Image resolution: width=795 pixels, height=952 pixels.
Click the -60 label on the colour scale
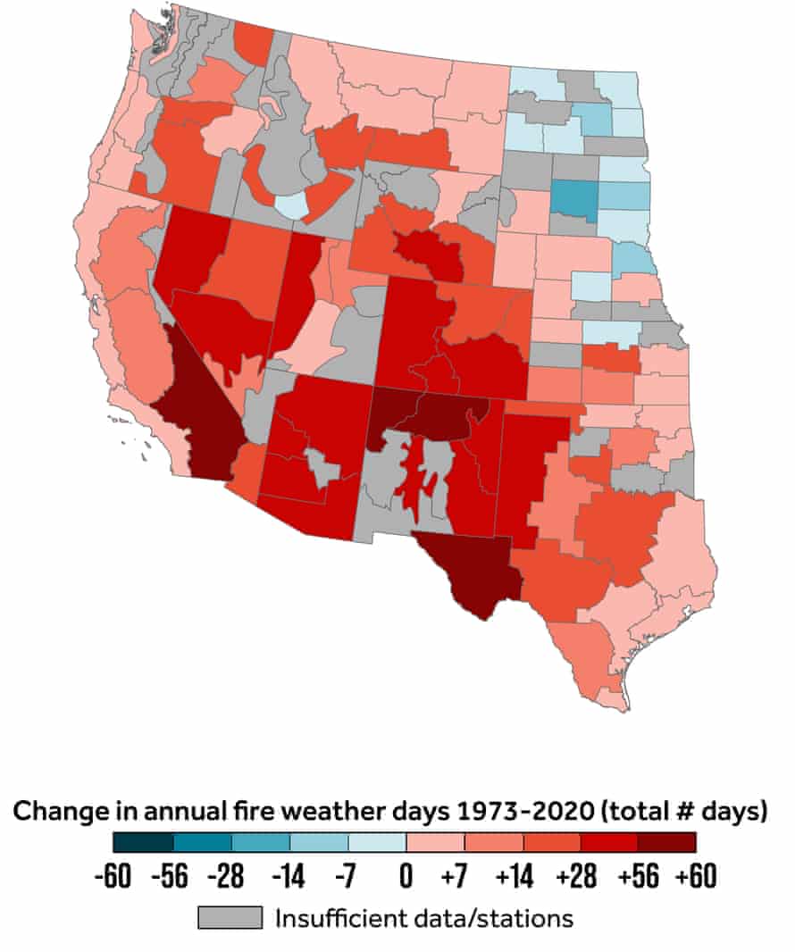point(113,877)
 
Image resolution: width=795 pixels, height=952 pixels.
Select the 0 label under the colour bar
point(406,877)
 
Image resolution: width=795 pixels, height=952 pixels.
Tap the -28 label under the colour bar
point(230,877)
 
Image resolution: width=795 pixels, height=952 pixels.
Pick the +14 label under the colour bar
point(513,877)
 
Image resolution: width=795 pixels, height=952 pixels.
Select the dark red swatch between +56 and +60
point(666,842)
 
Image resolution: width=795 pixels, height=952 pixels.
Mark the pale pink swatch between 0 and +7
point(434,842)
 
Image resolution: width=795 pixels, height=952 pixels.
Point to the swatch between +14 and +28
point(550,842)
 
